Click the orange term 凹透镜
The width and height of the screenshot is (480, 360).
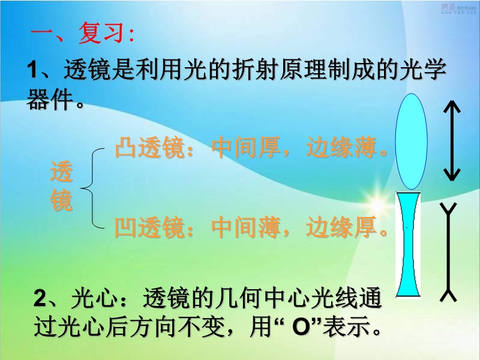coord(149,227)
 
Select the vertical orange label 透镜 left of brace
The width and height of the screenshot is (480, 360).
coord(62,186)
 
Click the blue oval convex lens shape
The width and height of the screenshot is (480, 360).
coord(411,142)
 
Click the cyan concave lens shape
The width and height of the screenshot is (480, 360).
coord(409,244)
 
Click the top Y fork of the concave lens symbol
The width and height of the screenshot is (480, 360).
coord(448,208)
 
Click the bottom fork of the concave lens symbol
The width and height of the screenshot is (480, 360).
coord(448,295)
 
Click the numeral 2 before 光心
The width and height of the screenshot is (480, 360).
coord(40,298)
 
